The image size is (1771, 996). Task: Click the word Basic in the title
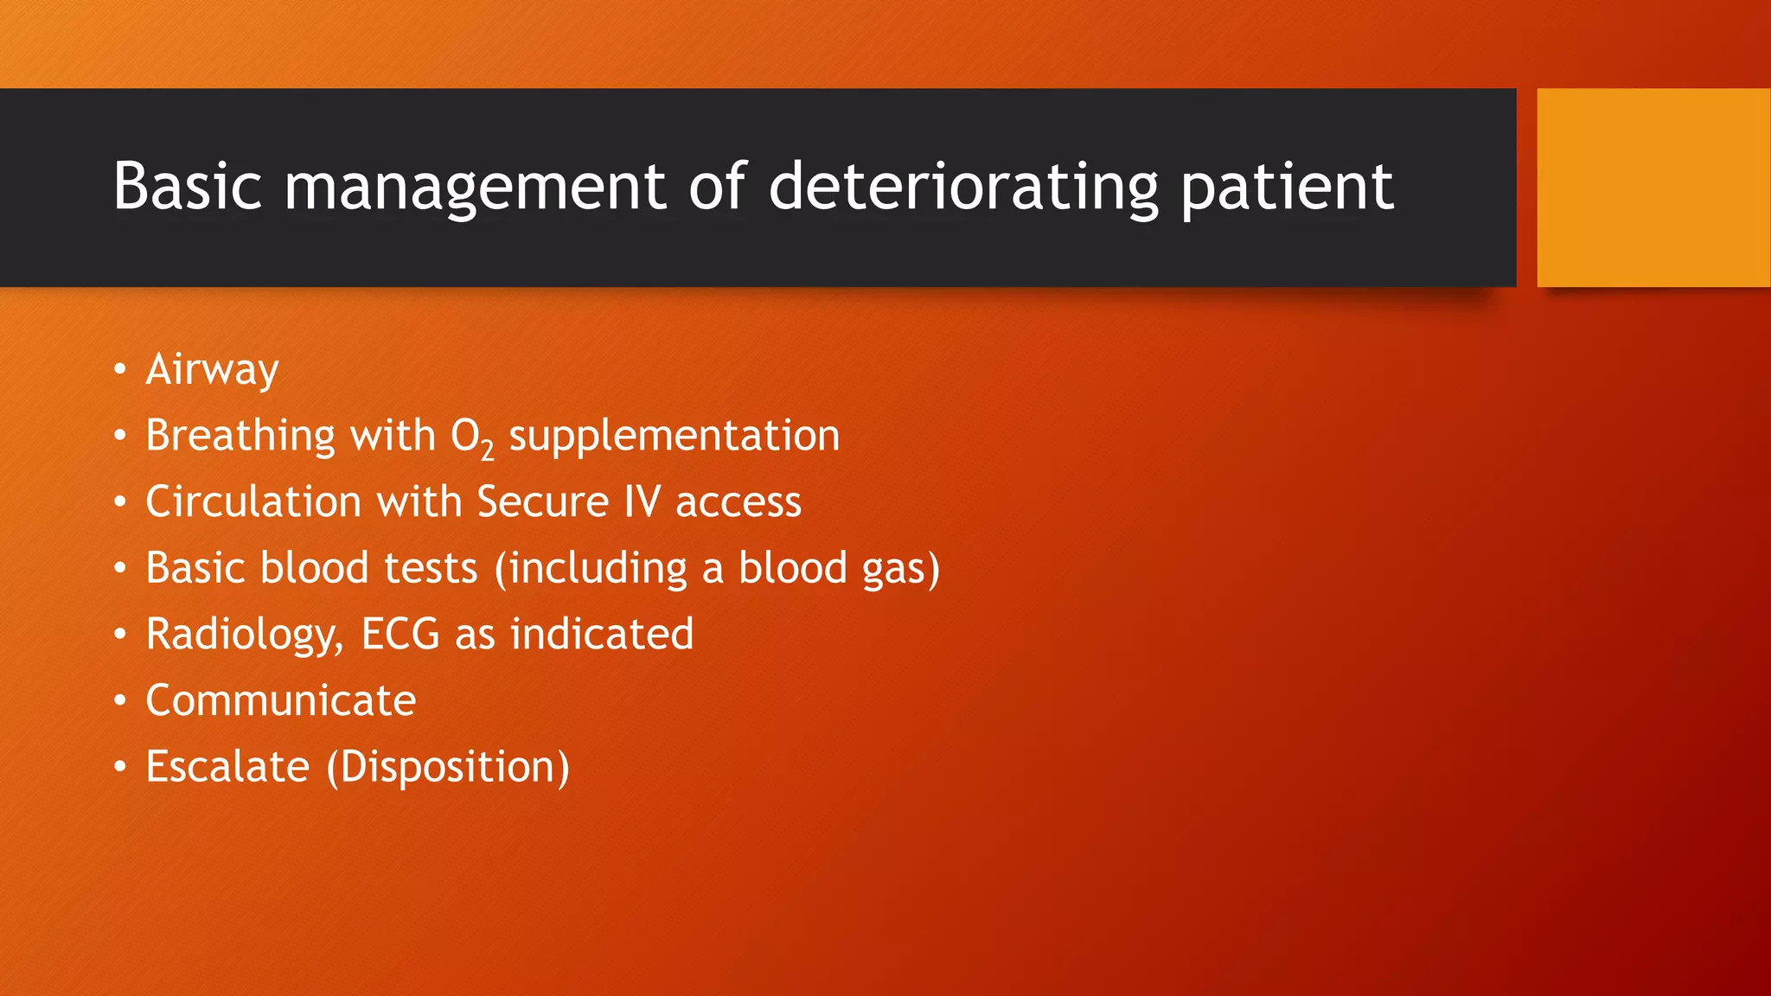pos(187,186)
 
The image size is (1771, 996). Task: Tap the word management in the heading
pos(475,186)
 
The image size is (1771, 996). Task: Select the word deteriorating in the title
pos(963,186)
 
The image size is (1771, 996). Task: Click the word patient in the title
pos(1287,186)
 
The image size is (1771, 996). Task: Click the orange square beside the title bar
pos(1653,187)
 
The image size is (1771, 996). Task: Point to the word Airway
pos(212,370)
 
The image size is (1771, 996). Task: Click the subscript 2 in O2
pos(487,450)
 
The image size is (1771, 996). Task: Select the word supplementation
pos(674,436)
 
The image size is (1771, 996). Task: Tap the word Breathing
pos(240,436)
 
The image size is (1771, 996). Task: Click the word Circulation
pos(253,501)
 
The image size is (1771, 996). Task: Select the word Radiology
pos(243,635)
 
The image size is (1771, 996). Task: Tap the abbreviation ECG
pos(400,634)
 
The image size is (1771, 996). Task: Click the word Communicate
pos(280,700)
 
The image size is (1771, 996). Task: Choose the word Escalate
pos(227,766)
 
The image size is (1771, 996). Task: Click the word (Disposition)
pos(448,767)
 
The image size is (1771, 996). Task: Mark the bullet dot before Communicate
pos(120,700)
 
